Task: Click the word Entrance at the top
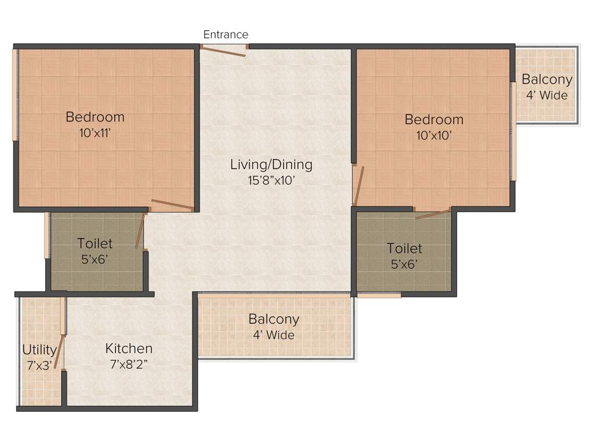(x=226, y=35)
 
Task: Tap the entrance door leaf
(x=223, y=51)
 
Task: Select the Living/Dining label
(x=271, y=164)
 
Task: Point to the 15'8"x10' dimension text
(x=271, y=180)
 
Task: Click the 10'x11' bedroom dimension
(x=95, y=132)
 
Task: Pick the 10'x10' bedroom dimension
(x=433, y=135)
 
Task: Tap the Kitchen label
(x=129, y=348)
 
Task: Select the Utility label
(x=39, y=350)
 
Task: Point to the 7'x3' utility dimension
(x=39, y=366)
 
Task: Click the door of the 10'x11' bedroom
(x=172, y=204)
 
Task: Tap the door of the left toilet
(x=139, y=231)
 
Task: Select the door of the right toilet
(x=433, y=214)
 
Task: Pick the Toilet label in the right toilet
(x=404, y=249)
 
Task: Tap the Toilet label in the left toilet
(x=95, y=244)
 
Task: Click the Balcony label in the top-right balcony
(x=546, y=80)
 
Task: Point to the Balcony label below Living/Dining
(x=274, y=319)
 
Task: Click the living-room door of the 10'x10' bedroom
(x=359, y=186)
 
